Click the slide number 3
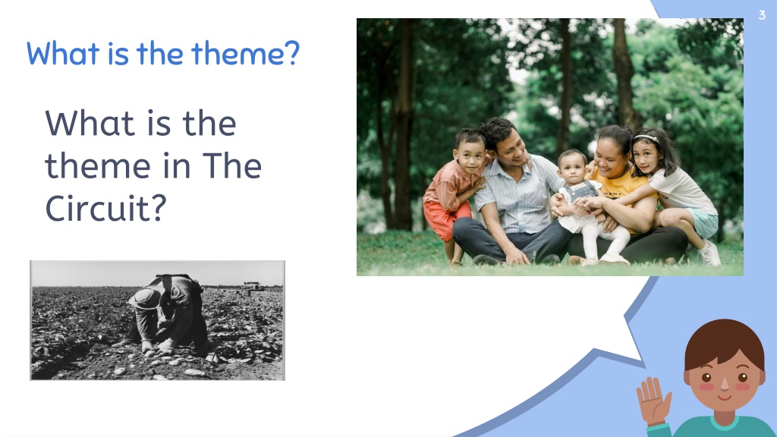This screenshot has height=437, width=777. coord(762,15)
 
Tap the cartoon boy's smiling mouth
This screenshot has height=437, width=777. coord(724,397)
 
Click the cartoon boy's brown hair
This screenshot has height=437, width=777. coord(724,343)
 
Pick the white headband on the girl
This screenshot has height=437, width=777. coord(646,138)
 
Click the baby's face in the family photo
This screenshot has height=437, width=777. coord(573,168)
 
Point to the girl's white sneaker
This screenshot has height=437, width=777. coord(709,253)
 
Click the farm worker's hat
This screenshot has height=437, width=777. coord(144,298)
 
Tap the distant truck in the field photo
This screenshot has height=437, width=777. coord(253,286)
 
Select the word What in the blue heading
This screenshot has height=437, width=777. coord(63,53)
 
